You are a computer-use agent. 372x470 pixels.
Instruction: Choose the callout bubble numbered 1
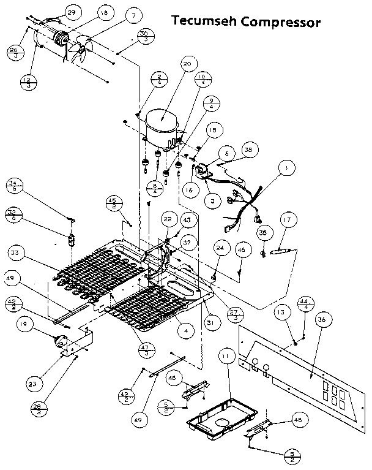(x=284, y=167)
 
